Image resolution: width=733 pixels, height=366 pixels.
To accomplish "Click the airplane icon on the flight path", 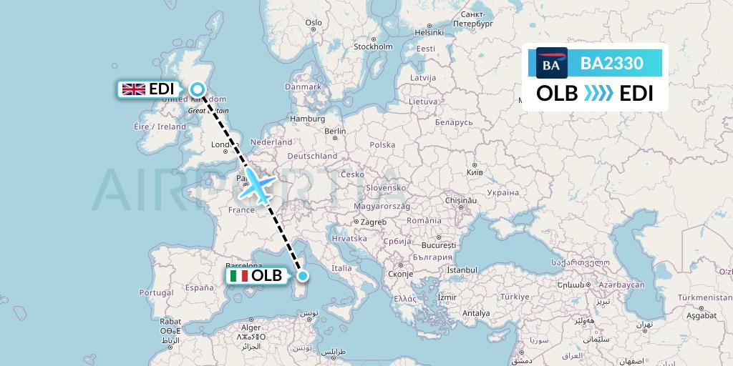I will (x=256, y=184).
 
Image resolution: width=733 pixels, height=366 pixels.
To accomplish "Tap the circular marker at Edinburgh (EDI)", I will (x=198, y=89).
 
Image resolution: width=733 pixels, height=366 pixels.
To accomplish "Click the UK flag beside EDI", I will (x=133, y=89).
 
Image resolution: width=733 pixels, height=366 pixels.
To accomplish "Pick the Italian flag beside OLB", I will (x=238, y=276).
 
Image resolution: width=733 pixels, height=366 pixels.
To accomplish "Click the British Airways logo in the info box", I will (x=551, y=64).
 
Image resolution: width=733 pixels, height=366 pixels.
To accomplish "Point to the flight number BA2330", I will (x=611, y=64).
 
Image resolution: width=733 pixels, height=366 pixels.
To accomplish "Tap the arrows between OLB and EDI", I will (x=598, y=94).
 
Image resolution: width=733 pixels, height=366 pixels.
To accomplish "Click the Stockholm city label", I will (x=374, y=47).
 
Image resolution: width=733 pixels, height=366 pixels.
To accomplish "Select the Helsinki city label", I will (x=430, y=32).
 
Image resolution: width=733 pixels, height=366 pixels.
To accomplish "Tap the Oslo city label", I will (x=314, y=22).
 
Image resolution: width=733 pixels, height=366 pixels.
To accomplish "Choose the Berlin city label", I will (x=335, y=132).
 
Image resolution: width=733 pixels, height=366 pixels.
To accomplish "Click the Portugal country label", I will (x=157, y=293).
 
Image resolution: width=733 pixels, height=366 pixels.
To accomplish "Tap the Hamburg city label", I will (x=308, y=119).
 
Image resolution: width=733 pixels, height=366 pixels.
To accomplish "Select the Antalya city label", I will (x=476, y=313).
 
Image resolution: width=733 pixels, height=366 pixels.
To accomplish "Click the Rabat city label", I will (x=170, y=321).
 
